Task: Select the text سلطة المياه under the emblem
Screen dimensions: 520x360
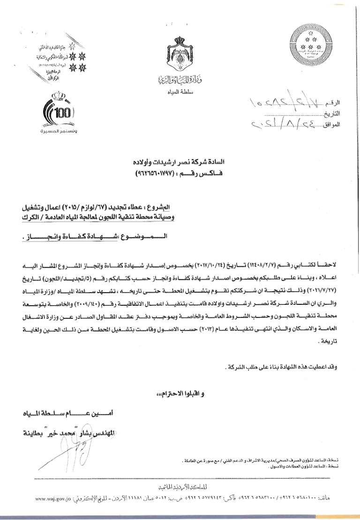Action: click(180, 91)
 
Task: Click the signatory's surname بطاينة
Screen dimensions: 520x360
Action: click(42, 432)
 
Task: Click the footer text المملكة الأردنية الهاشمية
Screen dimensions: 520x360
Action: click(181, 488)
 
